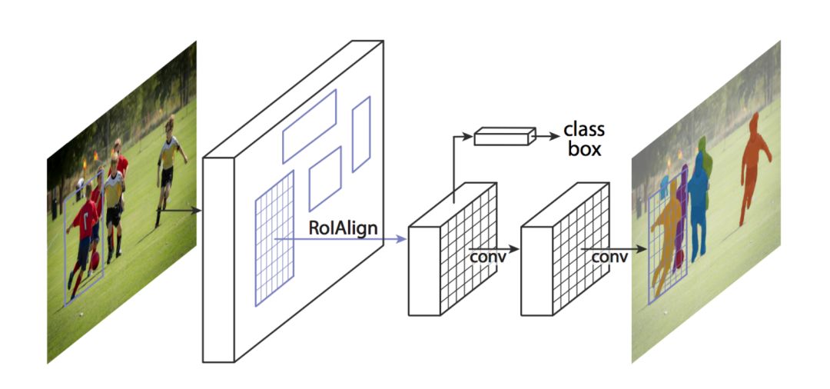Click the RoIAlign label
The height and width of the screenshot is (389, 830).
[342, 228]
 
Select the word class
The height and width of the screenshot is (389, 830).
[584, 128]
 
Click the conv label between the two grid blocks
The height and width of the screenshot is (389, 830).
[488, 257]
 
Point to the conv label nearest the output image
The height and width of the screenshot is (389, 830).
[609, 257]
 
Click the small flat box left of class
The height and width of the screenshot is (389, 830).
[503, 137]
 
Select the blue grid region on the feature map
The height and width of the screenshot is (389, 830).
[274, 238]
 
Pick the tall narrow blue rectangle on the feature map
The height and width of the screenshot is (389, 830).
[361, 134]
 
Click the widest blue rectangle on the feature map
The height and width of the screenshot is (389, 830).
[309, 125]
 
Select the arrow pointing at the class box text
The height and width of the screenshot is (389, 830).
[547, 137]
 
